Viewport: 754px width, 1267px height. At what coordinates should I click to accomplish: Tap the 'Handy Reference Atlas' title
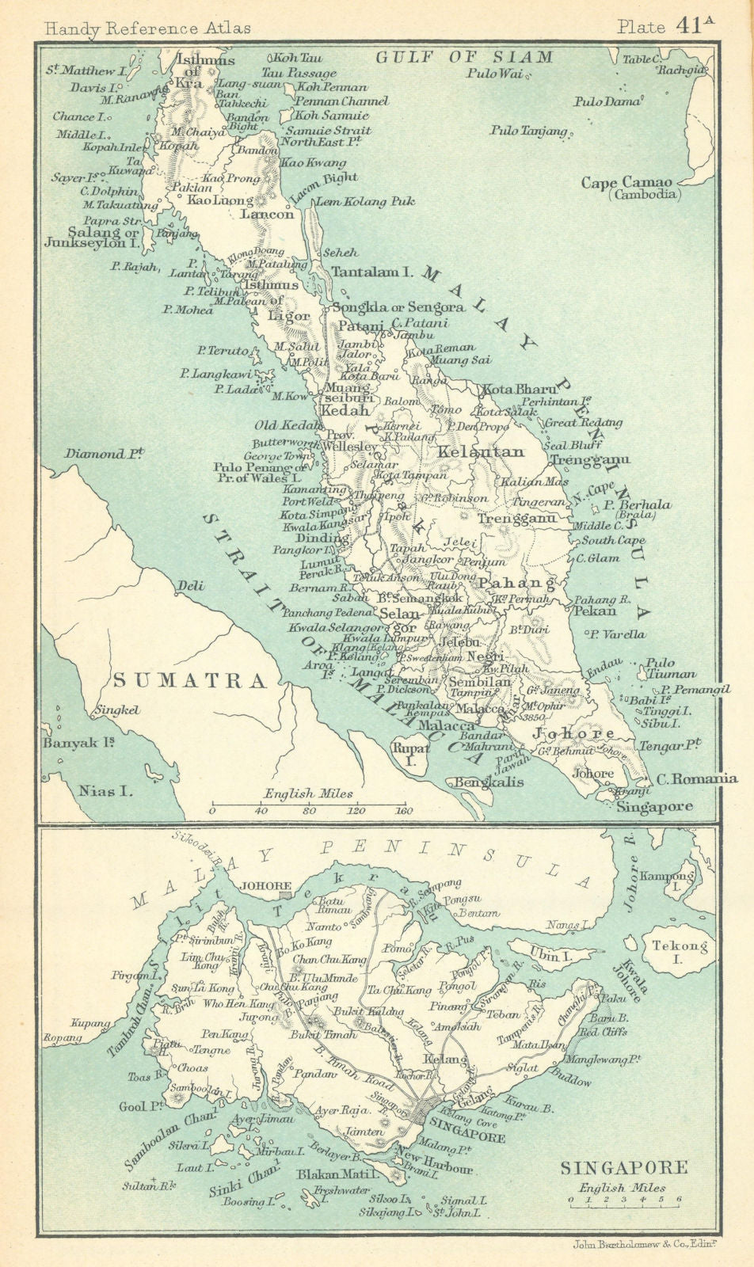(x=148, y=28)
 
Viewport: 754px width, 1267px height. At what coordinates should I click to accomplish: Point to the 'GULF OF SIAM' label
(x=463, y=57)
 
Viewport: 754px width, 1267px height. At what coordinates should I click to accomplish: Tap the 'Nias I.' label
(x=105, y=789)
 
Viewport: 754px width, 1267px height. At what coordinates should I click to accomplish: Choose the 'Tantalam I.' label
(x=372, y=272)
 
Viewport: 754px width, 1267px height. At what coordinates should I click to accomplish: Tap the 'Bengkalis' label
(x=467, y=782)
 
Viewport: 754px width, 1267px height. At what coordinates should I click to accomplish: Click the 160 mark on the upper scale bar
(x=405, y=811)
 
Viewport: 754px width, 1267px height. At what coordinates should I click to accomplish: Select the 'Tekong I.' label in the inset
(x=671, y=952)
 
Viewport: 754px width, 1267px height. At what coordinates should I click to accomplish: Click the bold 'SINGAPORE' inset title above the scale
(x=623, y=1167)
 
